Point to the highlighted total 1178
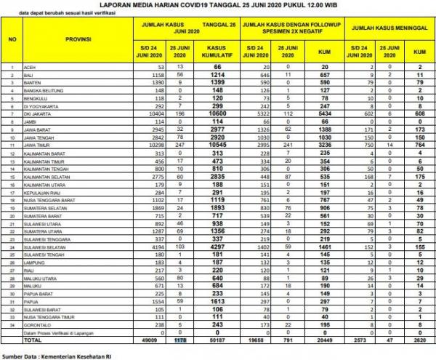[x=161, y=338]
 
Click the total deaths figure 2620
[x=419, y=338]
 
